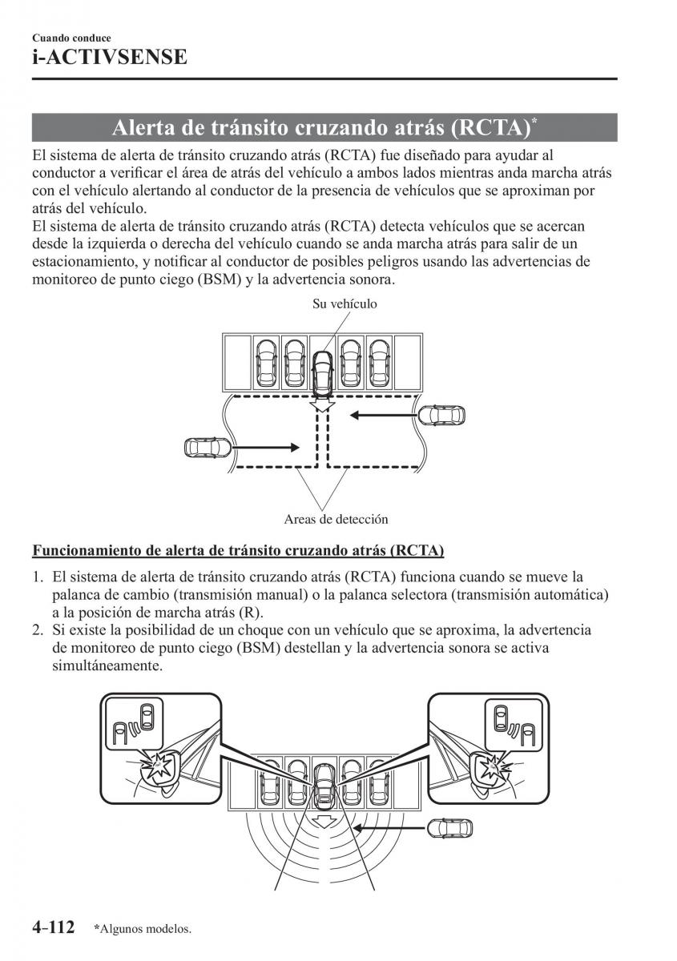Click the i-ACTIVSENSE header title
[110, 58]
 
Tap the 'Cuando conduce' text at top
[71, 38]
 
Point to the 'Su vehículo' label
[345, 304]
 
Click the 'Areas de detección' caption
[336, 519]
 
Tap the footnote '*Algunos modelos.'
[142, 929]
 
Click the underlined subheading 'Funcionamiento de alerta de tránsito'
[238, 550]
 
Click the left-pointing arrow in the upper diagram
[381, 415]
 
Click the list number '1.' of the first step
[38, 577]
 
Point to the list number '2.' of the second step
[38, 630]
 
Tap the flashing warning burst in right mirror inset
[494, 767]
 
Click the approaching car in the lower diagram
[450, 826]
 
